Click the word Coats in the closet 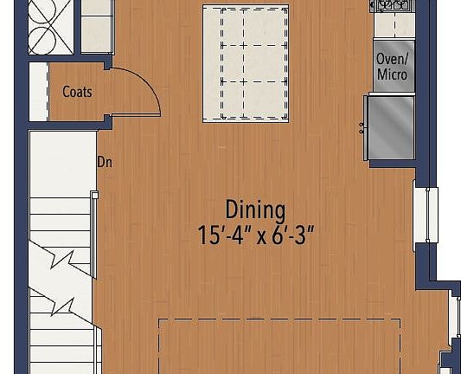(x=77, y=91)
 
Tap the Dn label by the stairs (x=104, y=162)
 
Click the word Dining (x=255, y=210)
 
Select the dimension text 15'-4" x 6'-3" (x=255, y=235)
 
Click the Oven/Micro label (x=392, y=67)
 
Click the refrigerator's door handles (x=362, y=128)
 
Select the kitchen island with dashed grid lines (x=246, y=62)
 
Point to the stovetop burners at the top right (x=394, y=5)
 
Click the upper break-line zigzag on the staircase (x=65, y=258)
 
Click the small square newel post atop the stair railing (x=94, y=196)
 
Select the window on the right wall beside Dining (x=420, y=215)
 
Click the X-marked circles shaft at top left (x=50, y=27)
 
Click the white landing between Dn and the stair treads (x=61, y=164)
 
